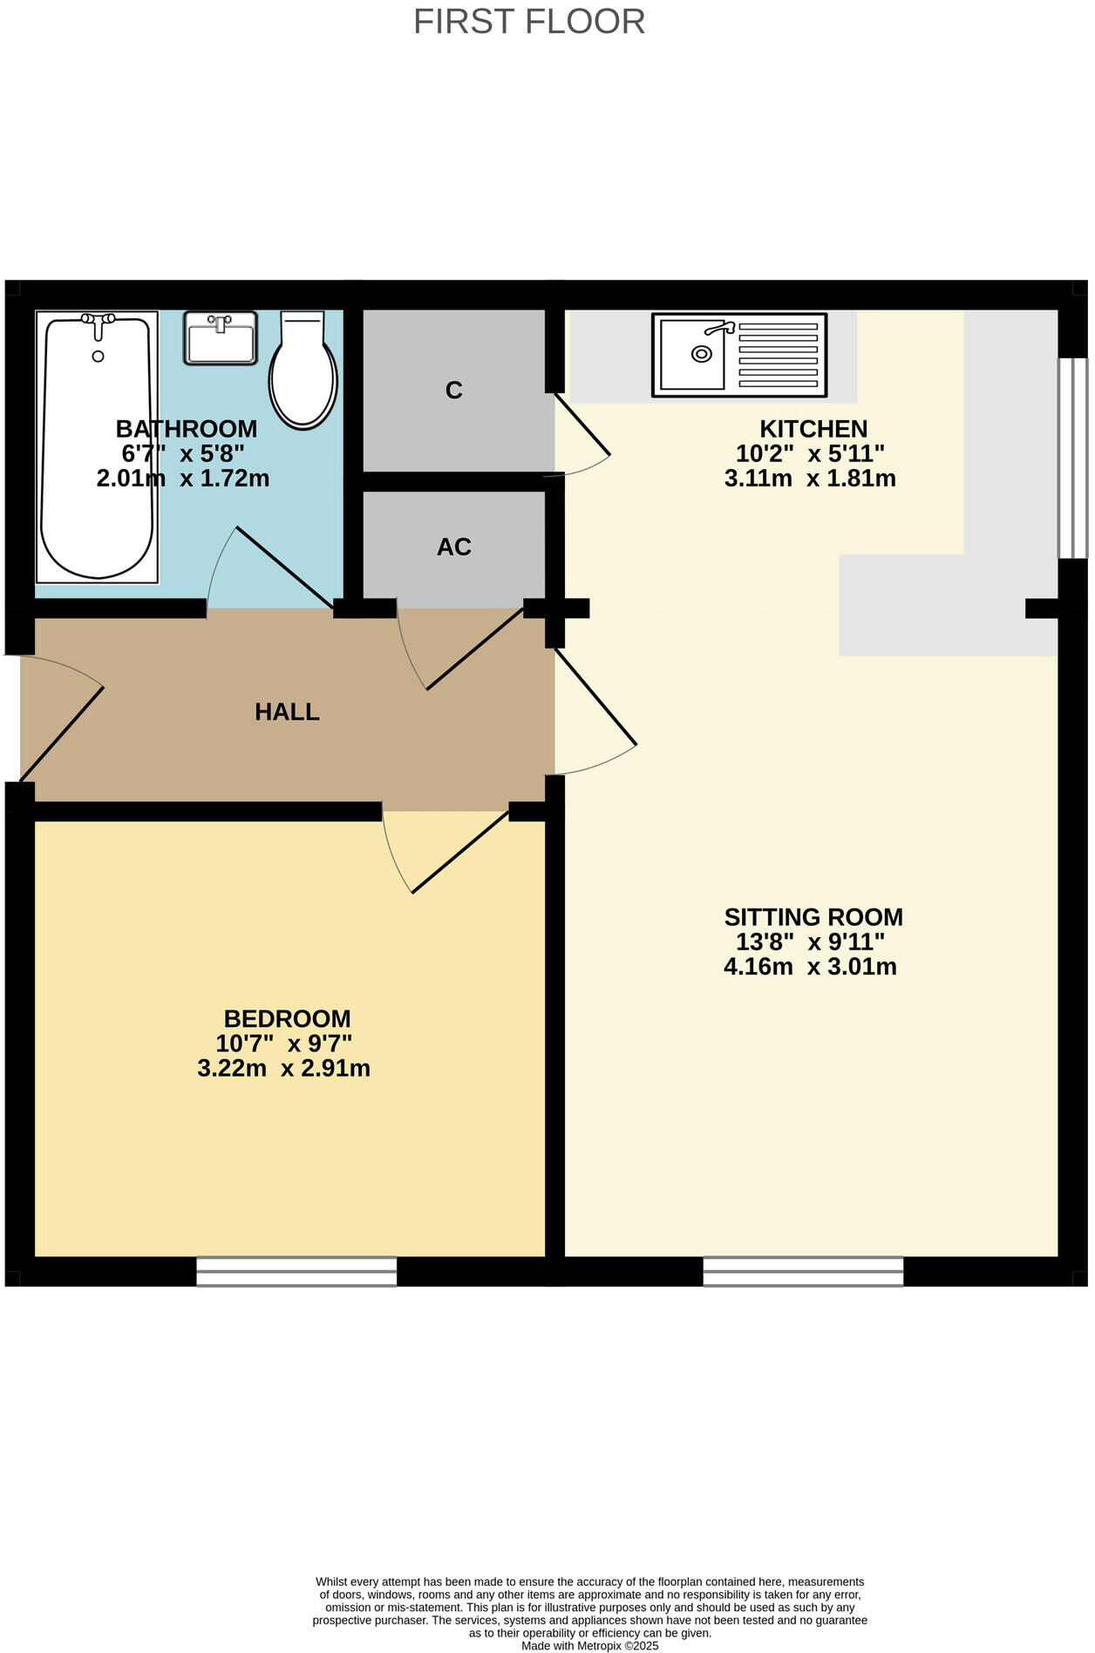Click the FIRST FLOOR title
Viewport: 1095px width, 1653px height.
pyautogui.click(x=528, y=22)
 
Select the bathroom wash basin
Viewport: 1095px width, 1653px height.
pyautogui.click(x=221, y=338)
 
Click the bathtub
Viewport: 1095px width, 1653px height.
pyautogui.click(x=97, y=446)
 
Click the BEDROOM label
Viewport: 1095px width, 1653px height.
pyautogui.click(x=287, y=1018)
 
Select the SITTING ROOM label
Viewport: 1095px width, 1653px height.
pyautogui.click(x=813, y=917)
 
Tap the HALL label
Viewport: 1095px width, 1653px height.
pyautogui.click(x=287, y=712)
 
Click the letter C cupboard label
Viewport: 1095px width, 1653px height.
pyautogui.click(x=453, y=391)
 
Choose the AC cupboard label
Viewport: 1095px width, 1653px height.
pyautogui.click(x=453, y=548)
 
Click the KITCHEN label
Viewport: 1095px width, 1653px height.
pyautogui.click(x=813, y=429)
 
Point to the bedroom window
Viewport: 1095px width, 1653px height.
pyautogui.click(x=296, y=1271)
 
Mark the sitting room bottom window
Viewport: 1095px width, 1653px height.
pyautogui.click(x=802, y=1271)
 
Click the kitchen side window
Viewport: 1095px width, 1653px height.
pyautogui.click(x=1072, y=458)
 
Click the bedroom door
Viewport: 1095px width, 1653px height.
pyautogui.click(x=459, y=853)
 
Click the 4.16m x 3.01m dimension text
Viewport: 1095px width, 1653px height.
pyautogui.click(x=809, y=967)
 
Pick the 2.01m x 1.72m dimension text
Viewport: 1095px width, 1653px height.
pyautogui.click(x=182, y=479)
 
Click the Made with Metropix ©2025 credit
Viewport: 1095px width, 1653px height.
pyautogui.click(x=589, y=1646)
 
